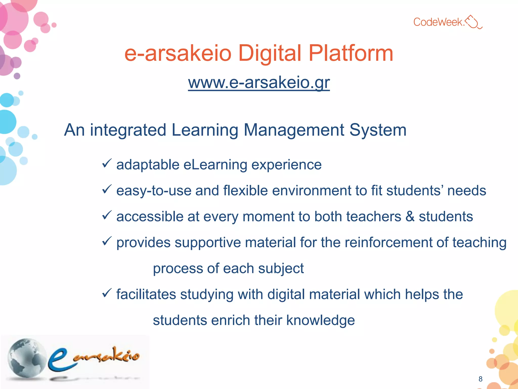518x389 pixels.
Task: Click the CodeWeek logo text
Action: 439,22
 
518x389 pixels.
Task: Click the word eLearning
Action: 215,165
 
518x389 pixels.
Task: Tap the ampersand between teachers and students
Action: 410,217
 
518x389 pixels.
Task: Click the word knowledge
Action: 320,320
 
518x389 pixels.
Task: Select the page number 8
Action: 480,379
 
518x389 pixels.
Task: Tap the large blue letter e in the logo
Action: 59,360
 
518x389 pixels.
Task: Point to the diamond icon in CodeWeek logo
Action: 472,22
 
